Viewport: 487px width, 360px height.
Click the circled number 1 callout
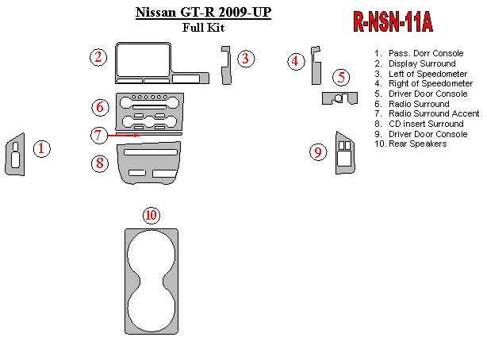coord(42,148)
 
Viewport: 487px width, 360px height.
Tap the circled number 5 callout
coord(342,78)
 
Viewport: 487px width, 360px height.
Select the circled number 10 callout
coord(151,216)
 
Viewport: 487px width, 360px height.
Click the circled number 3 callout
coord(246,58)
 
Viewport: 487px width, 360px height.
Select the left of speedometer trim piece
coord(225,65)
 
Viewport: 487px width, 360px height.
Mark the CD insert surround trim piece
coord(148,167)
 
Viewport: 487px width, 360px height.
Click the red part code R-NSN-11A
coord(393,23)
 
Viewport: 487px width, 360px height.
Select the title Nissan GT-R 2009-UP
coord(203,13)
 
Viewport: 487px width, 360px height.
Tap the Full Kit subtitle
coord(203,27)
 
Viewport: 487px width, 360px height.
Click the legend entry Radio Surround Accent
coord(434,113)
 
